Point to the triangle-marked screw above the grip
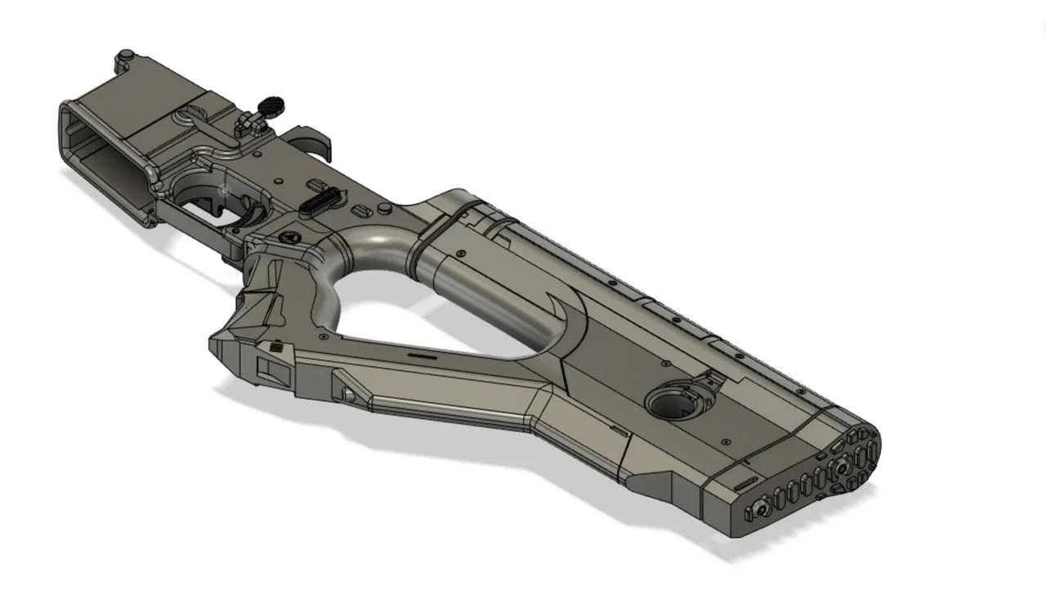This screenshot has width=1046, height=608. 287,237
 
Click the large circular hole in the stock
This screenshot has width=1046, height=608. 669,404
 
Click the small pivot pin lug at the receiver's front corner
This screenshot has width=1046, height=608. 125,56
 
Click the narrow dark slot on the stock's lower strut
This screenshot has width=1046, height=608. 421,356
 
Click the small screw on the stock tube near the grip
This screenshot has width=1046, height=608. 462,254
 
